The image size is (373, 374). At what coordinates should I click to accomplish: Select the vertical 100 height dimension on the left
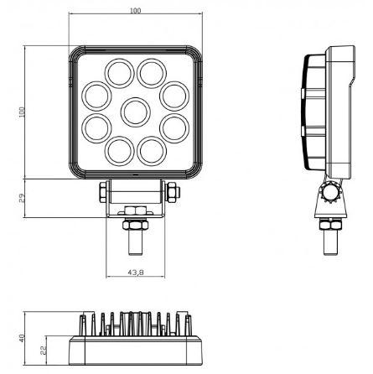point(23,111)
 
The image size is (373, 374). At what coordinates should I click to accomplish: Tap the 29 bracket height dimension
point(23,198)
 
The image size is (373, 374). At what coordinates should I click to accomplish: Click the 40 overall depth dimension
point(23,340)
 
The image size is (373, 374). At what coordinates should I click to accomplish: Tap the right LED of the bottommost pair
point(152,152)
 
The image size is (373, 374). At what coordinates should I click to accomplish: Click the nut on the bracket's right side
point(170,192)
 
